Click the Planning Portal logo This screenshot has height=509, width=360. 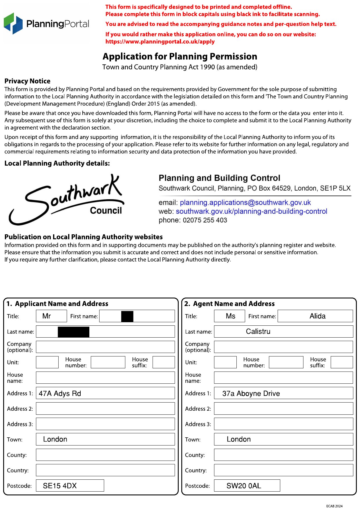point(46,23)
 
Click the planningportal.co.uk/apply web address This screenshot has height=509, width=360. point(160,41)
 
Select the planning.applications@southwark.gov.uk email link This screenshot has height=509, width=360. point(245,202)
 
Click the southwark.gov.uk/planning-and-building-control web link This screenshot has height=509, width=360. point(251,211)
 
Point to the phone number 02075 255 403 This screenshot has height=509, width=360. point(205,220)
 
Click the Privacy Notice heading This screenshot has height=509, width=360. point(27,81)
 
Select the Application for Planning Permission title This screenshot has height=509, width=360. point(180,56)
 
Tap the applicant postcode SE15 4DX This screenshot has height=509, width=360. point(60,486)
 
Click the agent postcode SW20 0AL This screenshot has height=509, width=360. point(244,486)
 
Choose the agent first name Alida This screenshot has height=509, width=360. point(317,316)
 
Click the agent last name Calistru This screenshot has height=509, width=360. point(258,332)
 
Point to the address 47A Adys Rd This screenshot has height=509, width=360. point(60,394)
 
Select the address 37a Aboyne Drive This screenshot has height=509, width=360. point(251,394)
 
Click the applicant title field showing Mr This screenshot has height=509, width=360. point(51,316)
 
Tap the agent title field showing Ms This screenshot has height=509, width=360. point(229,316)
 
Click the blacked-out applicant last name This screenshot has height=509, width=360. point(73,332)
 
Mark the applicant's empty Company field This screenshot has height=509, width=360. point(105,347)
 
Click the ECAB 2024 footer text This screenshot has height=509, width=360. point(334,506)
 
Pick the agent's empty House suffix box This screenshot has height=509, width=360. point(342,362)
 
